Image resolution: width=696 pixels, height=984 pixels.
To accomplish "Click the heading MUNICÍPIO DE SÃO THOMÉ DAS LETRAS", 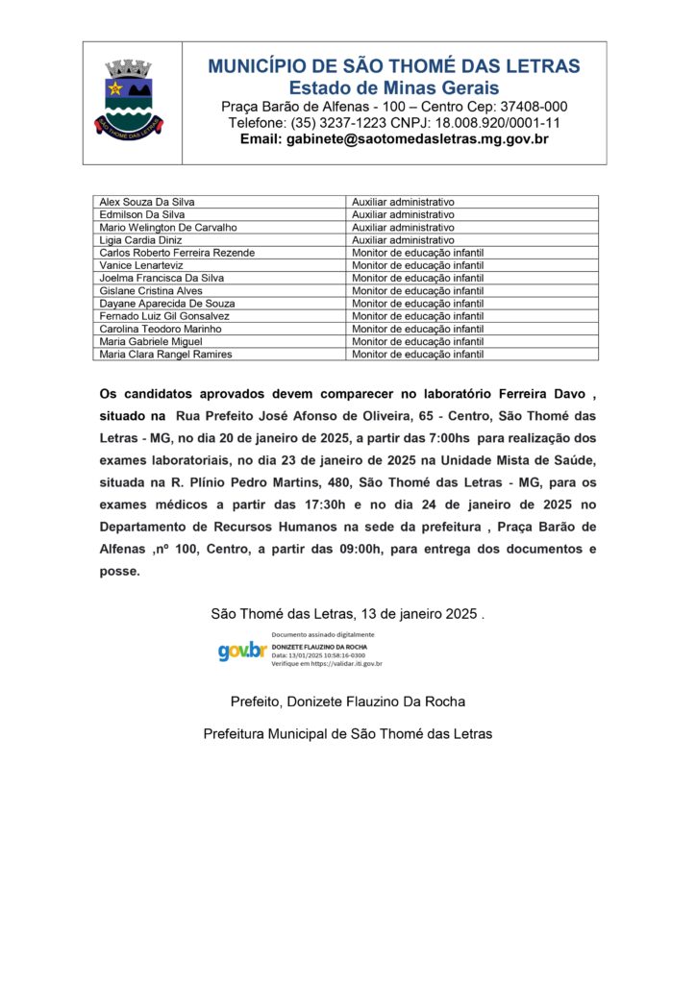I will coord(394,66).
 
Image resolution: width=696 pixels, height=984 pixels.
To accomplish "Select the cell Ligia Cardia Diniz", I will coord(140,240).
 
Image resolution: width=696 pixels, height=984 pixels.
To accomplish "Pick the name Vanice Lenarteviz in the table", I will coord(141,265).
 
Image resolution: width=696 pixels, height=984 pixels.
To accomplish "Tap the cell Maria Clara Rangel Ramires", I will coord(165,354).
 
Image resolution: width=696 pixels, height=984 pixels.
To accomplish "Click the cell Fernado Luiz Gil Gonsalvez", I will coord(164,316).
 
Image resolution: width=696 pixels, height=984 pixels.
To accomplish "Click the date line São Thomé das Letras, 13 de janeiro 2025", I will coord(347,614).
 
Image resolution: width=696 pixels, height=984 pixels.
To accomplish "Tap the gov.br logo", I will coord(241,652).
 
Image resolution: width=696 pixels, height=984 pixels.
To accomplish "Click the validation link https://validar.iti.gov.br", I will coord(343,664).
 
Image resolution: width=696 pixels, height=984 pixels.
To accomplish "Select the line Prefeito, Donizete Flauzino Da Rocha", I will coord(347,701).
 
